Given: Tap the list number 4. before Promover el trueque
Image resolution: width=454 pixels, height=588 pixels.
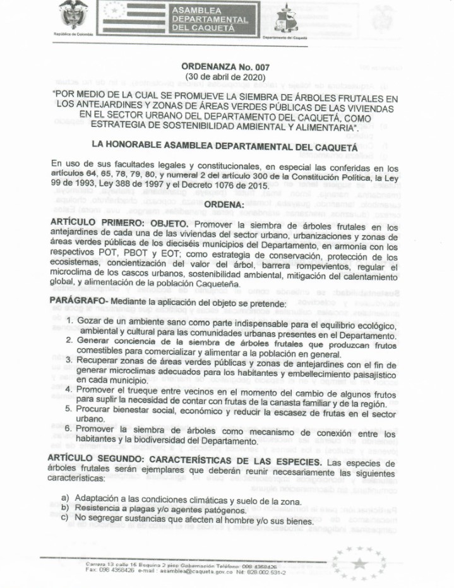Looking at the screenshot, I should click(70, 390).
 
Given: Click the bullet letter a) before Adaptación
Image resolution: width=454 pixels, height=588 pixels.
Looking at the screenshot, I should click(66, 499).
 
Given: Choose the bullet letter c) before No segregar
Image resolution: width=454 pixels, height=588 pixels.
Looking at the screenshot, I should click(66, 519).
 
